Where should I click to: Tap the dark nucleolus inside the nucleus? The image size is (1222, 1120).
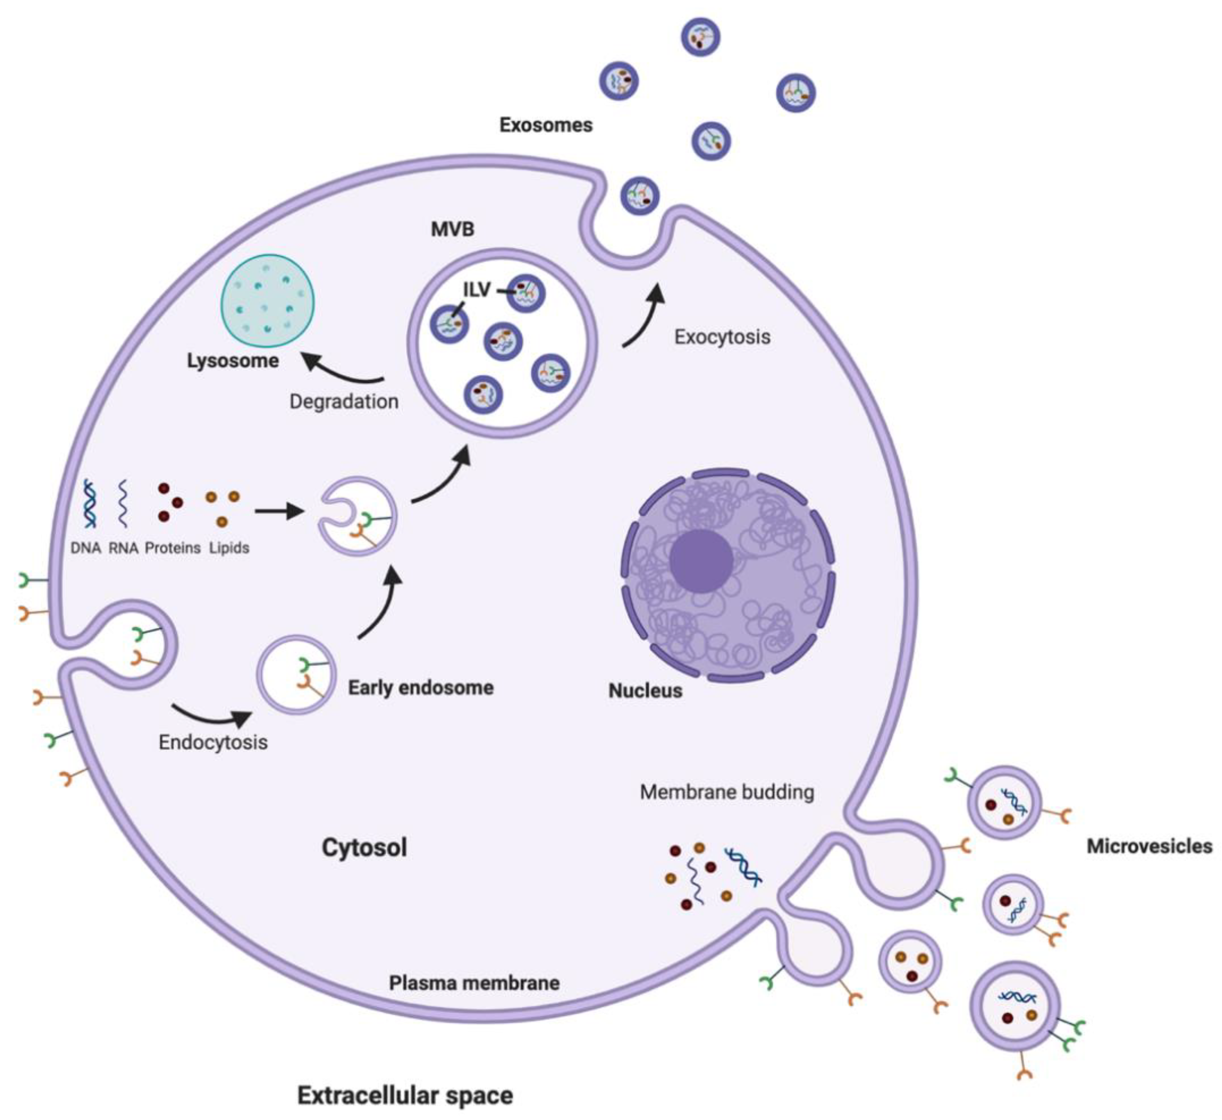[x=701, y=560]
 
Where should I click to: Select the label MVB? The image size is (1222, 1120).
[x=452, y=229]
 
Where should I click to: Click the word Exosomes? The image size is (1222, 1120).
[x=545, y=125]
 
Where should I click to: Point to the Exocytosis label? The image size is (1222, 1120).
[x=722, y=337]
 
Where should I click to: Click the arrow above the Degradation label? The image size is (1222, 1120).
[x=342, y=370]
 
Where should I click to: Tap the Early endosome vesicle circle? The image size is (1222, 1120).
[x=296, y=674]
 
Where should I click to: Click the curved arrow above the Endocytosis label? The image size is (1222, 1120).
[x=212, y=715]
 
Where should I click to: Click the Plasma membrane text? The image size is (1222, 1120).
[x=474, y=983]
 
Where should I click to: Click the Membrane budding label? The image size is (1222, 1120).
[x=727, y=792]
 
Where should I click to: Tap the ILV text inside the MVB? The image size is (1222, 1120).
[x=477, y=290]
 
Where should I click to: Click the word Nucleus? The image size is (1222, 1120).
[x=645, y=690]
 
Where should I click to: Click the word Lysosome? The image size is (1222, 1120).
[x=233, y=361]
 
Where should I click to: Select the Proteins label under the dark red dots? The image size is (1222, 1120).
[x=172, y=548]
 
